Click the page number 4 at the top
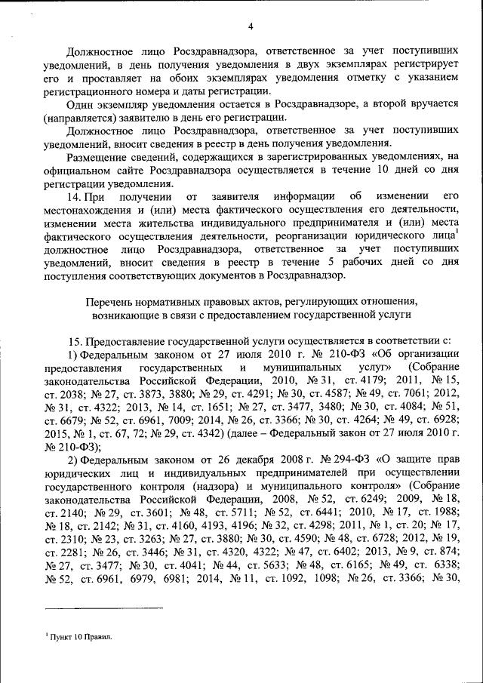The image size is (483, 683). click(x=249, y=28)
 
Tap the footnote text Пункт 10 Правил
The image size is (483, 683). click(x=78, y=637)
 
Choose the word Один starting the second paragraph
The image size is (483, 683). click(x=79, y=103)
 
